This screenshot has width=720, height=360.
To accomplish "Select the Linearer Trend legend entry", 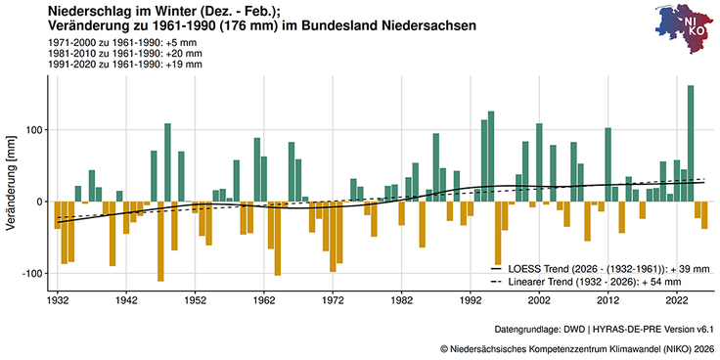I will [x=604, y=281].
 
